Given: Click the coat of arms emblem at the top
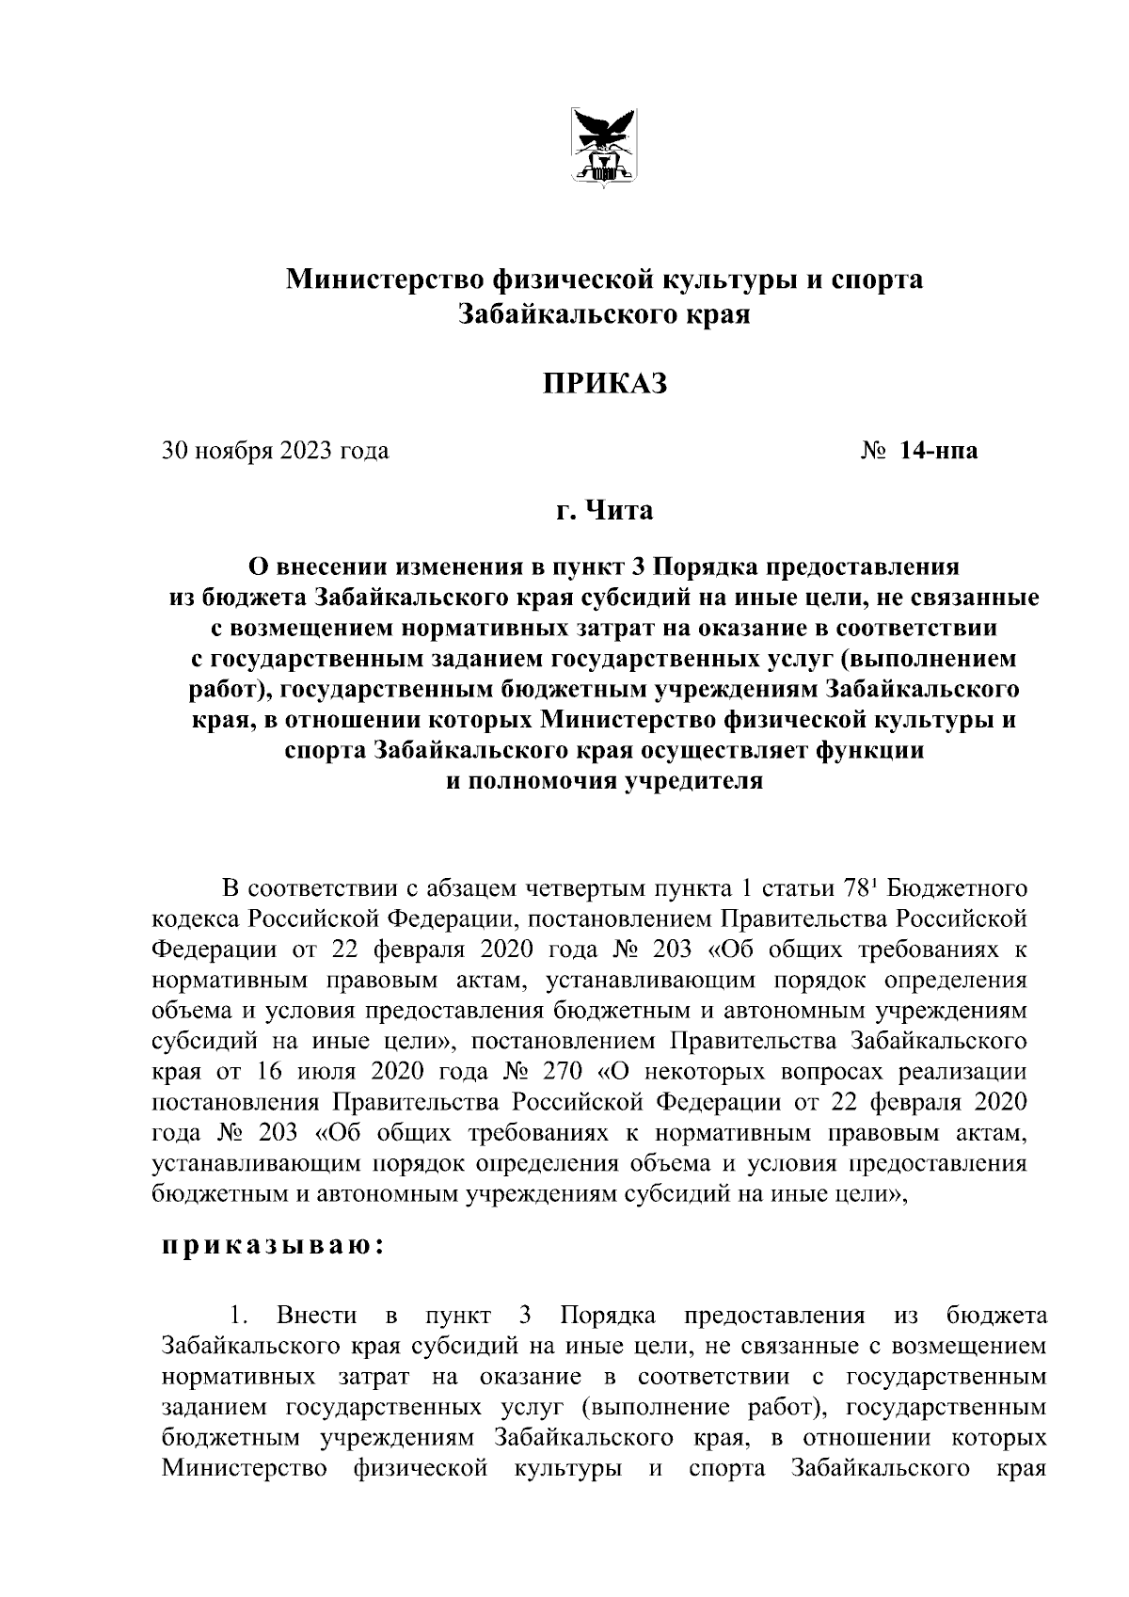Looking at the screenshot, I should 604,147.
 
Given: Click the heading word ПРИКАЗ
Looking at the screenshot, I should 603,384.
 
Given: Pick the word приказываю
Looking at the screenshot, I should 271,1247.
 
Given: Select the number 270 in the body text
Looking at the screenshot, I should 564,1072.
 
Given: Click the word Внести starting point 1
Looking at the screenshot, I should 317,1315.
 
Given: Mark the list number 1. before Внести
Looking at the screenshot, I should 237,1315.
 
